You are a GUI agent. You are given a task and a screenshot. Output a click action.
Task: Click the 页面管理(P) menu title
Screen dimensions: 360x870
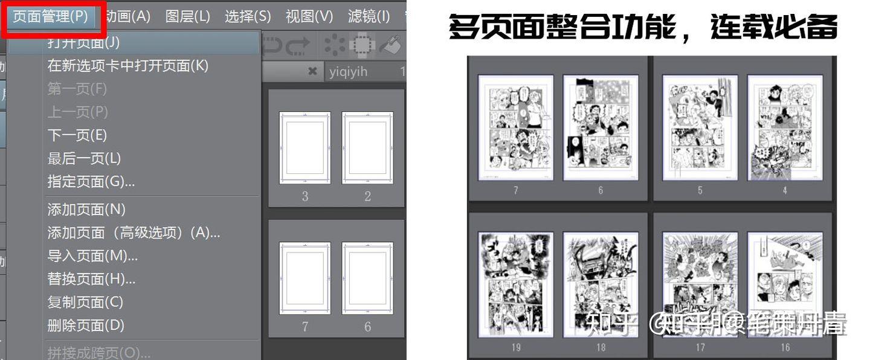[51, 16]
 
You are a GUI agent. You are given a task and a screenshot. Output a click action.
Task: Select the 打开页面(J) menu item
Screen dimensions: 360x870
[83, 42]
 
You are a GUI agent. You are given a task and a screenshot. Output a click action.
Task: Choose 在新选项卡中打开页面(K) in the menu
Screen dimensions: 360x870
[127, 65]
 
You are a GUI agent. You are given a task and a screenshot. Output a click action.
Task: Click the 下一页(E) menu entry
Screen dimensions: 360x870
[77, 135]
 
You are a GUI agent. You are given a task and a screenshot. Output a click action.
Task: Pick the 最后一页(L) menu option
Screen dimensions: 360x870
[84, 158]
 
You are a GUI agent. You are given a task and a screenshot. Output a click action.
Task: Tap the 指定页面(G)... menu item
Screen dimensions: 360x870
[91, 181]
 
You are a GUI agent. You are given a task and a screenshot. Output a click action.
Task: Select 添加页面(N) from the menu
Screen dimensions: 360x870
[86, 209]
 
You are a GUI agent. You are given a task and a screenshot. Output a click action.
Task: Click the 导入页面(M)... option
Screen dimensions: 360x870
[92, 256]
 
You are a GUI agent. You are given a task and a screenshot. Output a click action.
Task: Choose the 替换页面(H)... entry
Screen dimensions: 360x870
[91, 278]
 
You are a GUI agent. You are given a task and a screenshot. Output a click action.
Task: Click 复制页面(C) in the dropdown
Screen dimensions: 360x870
[85, 301]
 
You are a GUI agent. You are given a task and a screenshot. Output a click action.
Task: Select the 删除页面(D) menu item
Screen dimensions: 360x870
[86, 325]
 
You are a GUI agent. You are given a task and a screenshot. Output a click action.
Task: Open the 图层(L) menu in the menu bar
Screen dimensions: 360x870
[187, 16]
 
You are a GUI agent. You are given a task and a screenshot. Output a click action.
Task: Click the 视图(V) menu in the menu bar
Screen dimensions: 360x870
[309, 16]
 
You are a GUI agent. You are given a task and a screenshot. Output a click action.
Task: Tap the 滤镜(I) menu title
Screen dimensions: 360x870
[369, 16]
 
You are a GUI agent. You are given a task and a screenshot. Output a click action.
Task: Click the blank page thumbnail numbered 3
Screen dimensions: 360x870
[304, 147]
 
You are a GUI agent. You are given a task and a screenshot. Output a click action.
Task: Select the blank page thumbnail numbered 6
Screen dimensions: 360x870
[367, 278]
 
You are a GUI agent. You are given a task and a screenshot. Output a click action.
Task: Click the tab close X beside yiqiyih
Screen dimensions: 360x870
[312, 71]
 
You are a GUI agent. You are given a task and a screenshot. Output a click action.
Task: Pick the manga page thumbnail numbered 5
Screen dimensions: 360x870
[700, 127]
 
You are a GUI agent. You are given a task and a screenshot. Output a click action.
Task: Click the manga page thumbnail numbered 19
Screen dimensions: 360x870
[515, 284]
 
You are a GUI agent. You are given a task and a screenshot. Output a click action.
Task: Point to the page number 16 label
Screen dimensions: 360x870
[785, 347]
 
